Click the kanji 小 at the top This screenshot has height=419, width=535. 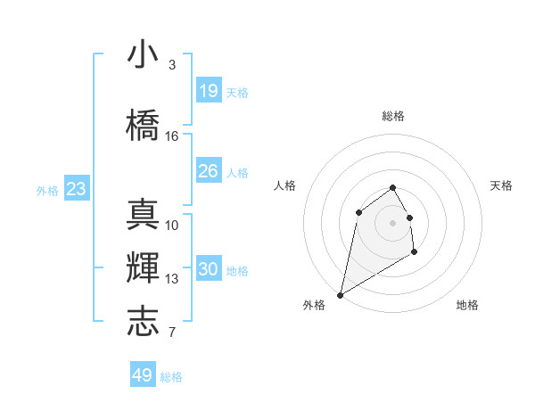(x=144, y=56)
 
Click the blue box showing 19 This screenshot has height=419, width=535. (x=209, y=91)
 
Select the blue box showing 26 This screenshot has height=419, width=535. (x=209, y=171)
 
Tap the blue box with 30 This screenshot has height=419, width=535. (x=209, y=270)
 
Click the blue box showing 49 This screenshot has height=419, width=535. (x=143, y=375)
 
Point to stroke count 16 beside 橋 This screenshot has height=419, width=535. (x=172, y=136)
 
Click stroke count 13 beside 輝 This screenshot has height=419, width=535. (x=172, y=279)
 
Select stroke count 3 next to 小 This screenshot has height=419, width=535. (x=172, y=65)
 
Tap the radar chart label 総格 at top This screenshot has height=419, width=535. (x=393, y=116)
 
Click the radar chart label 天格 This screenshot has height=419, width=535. (x=502, y=185)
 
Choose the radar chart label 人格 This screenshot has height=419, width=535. (x=284, y=185)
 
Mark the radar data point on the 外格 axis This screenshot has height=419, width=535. (x=340, y=295)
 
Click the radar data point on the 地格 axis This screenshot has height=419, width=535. (x=414, y=252)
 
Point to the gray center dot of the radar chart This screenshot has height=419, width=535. (x=393, y=222)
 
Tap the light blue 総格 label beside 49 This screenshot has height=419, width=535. (x=171, y=377)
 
